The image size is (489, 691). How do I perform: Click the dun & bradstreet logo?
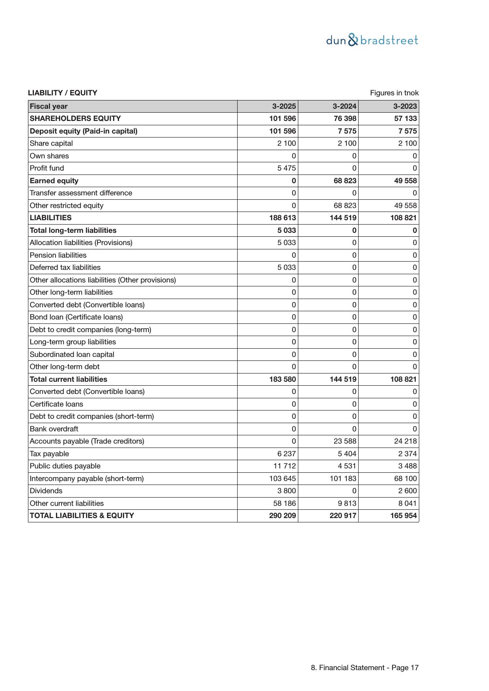point(372,40)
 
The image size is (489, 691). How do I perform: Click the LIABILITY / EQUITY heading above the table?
point(63,93)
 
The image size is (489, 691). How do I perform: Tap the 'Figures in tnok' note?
point(394,93)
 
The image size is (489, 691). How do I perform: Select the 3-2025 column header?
point(284,106)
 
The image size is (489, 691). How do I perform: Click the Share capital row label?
point(51,143)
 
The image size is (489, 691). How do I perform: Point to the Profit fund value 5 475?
point(286,168)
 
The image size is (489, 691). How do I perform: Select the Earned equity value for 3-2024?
point(345,181)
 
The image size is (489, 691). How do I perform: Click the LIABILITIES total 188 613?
point(283,218)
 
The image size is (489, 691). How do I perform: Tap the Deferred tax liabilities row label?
point(65,267)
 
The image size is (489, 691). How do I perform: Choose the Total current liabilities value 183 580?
point(283,379)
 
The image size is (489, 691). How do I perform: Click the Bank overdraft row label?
point(54,429)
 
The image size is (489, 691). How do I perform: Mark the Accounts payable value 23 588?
point(345,441)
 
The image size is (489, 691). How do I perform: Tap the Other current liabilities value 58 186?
point(284,503)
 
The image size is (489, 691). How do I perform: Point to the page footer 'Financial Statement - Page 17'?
point(364,668)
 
